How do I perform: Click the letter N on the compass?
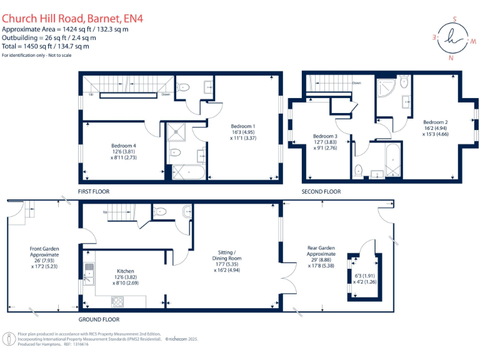(451, 57)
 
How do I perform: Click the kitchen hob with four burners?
(117, 301)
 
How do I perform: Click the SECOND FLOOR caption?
(321, 191)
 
